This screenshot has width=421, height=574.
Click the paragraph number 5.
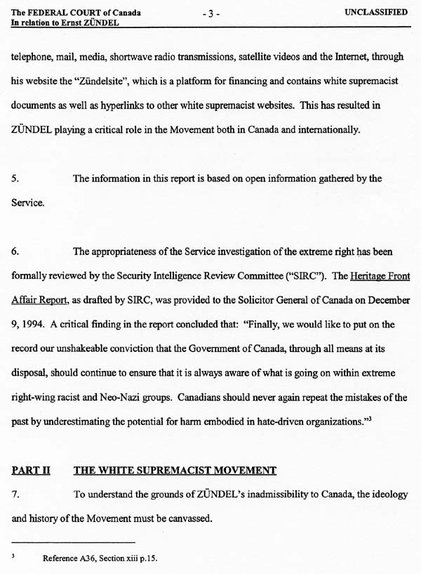pos(15,178)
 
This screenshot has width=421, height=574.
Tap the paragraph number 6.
pos(15,251)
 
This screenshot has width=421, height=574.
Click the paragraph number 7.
pos(15,494)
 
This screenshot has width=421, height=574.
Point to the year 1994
pos(34,324)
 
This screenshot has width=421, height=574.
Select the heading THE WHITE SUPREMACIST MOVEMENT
pos(175,470)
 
